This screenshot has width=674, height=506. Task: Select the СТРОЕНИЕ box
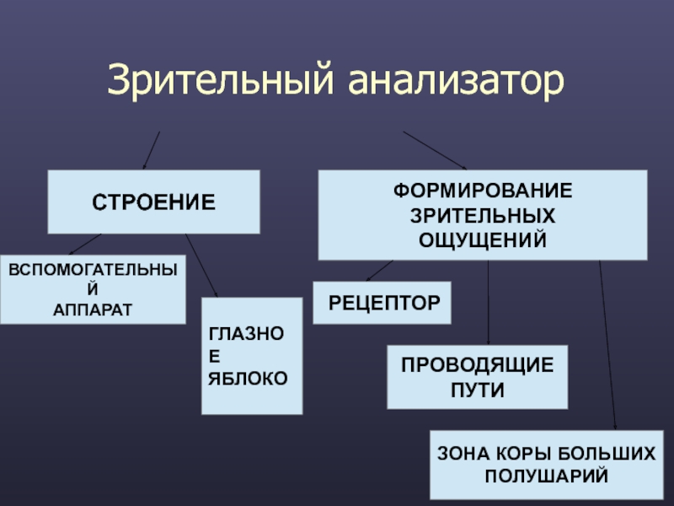click(153, 202)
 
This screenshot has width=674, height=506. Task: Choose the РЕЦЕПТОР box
click(382, 303)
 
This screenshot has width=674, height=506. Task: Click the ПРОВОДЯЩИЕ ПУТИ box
click(477, 377)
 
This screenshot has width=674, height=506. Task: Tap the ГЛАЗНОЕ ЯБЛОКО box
click(251, 356)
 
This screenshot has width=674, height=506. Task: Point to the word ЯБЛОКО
click(248, 377)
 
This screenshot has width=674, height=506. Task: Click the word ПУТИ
click(477, 391)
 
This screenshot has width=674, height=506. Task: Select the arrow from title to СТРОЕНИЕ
click(151, 150)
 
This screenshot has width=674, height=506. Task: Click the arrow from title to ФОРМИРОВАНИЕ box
click(434, 150)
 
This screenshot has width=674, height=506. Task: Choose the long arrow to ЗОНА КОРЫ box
click(607, 346)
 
